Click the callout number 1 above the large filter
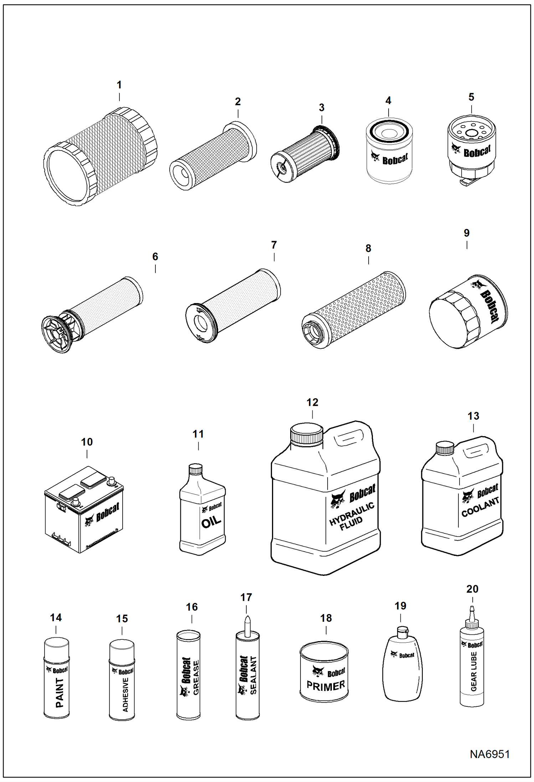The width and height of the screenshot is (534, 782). click(119, 85)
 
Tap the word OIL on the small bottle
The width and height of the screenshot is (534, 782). click(211, 522)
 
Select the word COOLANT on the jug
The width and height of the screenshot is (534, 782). click(480, 507)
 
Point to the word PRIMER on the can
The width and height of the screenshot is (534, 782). click(325, 686)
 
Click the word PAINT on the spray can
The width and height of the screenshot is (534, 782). click(60, 692)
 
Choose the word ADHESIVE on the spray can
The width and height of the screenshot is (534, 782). click(125, 695)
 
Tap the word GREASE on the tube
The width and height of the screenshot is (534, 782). click(196, 678)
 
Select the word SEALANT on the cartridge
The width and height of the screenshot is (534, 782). click(253, 675)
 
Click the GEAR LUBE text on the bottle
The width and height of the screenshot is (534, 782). click(473, 671)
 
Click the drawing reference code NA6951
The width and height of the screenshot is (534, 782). click(489, 754)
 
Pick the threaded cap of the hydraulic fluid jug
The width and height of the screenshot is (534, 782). click(307, 434)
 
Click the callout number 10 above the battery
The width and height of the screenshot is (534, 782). click(87, 442)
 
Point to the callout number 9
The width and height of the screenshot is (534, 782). click(467, 233)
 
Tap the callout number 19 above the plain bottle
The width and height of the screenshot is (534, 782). click(400, 605)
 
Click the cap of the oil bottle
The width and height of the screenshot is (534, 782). click(195, 469)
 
